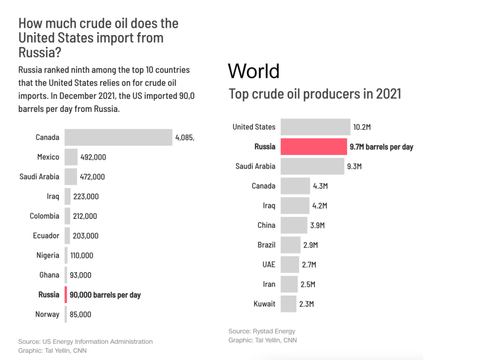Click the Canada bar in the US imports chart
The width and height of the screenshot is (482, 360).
click(118, 137)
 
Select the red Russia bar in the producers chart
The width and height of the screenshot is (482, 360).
click(313, 147)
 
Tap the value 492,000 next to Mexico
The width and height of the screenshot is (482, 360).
click(93, 158)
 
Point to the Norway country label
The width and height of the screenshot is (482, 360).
click(47, 314)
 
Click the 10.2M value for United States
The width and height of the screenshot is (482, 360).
click(362, 127)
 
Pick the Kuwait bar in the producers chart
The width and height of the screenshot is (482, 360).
click(289, 304)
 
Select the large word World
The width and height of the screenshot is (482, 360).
click(254, 71)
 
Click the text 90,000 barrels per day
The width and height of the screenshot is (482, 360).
click(105, 295)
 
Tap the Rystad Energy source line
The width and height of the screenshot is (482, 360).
click(262, 331)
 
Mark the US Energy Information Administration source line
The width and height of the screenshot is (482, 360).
click(85, 342)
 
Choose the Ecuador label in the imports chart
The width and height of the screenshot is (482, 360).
click(46, 236)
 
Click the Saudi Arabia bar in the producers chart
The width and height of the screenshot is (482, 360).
click(312, 167)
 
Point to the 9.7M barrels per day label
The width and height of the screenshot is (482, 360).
click(381, 147)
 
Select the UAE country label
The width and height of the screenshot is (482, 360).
click(269, 264)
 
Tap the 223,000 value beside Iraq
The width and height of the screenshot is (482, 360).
click(86, 197)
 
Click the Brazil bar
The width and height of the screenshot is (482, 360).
click(290, 245)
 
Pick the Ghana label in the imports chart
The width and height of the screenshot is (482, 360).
click(49, 275)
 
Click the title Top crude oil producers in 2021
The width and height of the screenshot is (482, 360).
click(314, 94)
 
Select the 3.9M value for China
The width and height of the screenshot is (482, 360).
click(317, 225)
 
